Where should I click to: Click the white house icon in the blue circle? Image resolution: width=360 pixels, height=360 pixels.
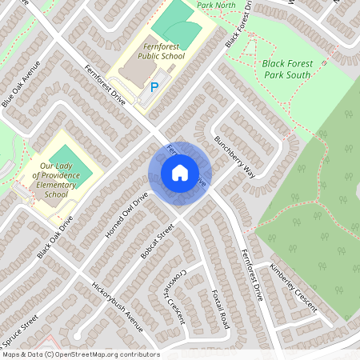pyautogui.click(x=179, y=173)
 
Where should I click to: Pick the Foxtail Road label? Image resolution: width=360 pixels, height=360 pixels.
pyautogui.click(x=215, y=308)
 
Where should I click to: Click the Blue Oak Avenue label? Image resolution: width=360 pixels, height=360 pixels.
pyautogui.click(x=21, y=85)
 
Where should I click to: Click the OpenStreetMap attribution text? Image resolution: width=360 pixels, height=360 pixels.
pyautogui.click(x=80, y=354)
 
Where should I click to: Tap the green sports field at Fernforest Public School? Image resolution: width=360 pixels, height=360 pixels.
pyautogui.click(x=176, y=32)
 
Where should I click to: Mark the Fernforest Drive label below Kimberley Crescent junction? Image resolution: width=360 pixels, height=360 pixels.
pyautogui.click(x=250, y=274)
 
